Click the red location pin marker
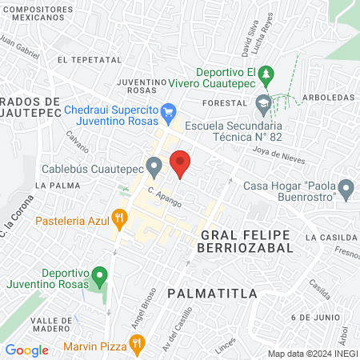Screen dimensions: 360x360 click(x=181, y=163)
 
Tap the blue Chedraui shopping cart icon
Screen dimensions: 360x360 click(x=168, y=110)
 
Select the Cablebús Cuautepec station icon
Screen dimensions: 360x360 click(x=154, y=167)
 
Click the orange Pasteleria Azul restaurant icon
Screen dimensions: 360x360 click(x=119, y=218)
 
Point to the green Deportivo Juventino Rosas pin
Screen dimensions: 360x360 click(x=99, y=277)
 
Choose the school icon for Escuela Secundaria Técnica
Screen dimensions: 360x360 click(x=263, y=103)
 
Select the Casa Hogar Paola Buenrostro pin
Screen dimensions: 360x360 click(x=346, y=190)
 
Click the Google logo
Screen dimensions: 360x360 click(x=26, y=350)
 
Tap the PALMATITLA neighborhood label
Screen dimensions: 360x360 click(x=213, y=294)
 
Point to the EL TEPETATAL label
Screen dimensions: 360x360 click(x=89, y=59)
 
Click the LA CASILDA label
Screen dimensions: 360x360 click(x=328, y=238)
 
